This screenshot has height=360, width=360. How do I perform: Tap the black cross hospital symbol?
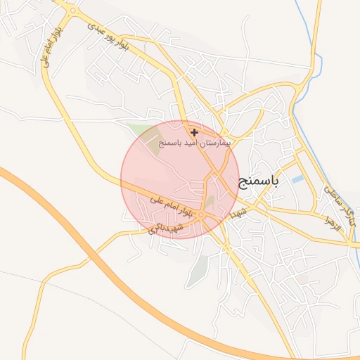pyautogui.click(x=194, y=132)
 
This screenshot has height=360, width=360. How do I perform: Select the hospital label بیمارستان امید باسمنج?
pyautogui.click(x=195, y=143)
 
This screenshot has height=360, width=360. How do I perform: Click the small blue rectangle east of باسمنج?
pyautogui.click(x=298, y=180)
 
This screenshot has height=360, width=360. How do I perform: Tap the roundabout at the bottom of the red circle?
pyautogui.click(x=201, y=215)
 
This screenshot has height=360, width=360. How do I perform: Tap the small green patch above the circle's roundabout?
pyautogui.click(x=209, y=201)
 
